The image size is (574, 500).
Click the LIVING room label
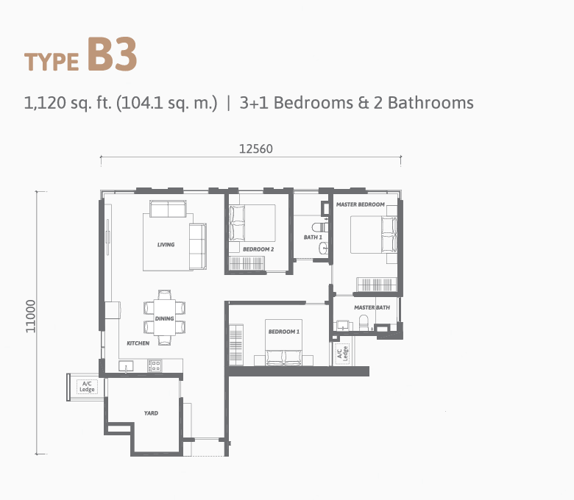coord(166,244)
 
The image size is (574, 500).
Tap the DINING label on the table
coord(164,318)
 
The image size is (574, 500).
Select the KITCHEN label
coord(138,343)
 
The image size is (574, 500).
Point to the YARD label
coord(151,413)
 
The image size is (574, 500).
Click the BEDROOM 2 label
coord(258,249)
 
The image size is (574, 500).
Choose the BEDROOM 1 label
coord(284,332)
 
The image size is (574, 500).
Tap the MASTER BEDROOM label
coord(361,204)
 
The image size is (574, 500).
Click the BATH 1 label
coord(313,237)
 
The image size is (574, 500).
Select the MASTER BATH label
coord(372,307)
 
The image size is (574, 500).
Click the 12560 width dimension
coord(256,149)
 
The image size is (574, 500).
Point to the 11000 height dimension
coord(31,316)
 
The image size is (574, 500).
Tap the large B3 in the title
coord(113,54)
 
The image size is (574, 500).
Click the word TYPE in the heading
coord(52,62)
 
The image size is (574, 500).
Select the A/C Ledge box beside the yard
coord(87,387)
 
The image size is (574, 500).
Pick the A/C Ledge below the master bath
coord(343,354)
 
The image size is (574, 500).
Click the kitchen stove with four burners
coord(155,365)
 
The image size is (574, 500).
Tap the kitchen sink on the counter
coord(126,365)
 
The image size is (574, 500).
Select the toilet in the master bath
coord(364,323)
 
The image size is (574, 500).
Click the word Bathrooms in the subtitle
coord(431,103)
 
